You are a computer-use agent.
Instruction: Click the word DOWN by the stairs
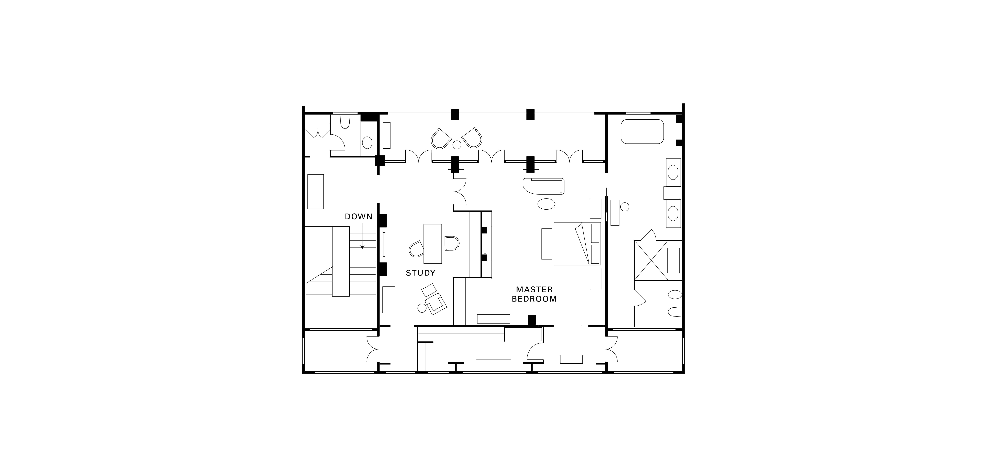pyautogui.click(x=359, y=217)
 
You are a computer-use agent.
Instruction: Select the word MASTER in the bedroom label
pyautogui.click(x=534, y=290)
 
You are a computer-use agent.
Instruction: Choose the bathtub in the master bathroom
pyautogui.click(x=642, y=132)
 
